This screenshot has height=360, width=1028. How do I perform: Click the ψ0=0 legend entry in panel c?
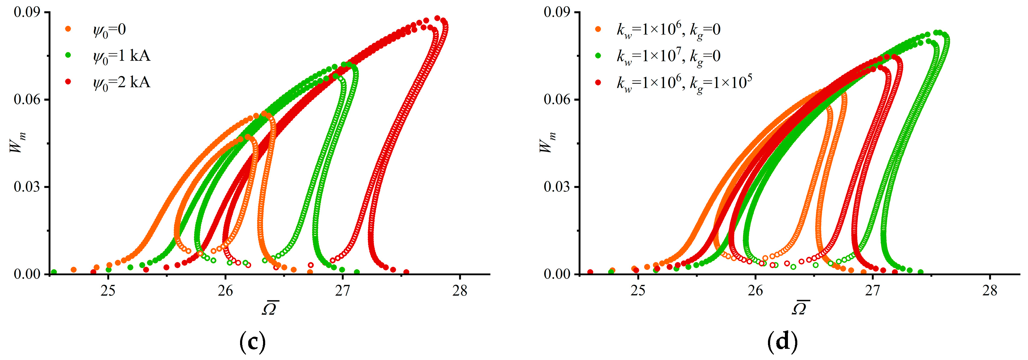coord(109,30)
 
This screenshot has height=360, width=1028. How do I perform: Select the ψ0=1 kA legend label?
coord(121,56)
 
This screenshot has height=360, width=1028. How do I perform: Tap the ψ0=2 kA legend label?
coord(121,82)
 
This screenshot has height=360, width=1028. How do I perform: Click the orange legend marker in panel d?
coord(598,29)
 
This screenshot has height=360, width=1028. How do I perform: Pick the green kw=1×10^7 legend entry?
coord(669,56)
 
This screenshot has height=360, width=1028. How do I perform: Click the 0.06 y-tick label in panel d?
coord(557,100)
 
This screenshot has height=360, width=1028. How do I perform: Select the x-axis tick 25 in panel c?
coord(108,291)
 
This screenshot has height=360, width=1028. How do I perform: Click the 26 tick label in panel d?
coord(756,291)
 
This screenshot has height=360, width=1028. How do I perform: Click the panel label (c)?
coord(252,342)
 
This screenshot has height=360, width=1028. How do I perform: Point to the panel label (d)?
coord(782,342)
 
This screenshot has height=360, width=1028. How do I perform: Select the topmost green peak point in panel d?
coord(936,33)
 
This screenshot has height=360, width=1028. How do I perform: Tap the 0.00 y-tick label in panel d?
coord(557,274)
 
